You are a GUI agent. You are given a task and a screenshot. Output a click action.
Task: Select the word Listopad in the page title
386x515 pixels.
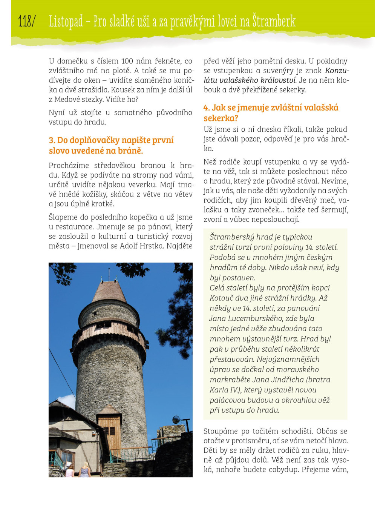coord(66,22)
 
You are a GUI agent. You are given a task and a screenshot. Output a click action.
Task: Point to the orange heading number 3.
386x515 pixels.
coord(52,140)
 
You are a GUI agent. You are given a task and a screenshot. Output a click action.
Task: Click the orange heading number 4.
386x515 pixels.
coord(206,108)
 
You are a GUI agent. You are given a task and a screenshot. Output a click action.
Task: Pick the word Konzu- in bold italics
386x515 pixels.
coord(337,71)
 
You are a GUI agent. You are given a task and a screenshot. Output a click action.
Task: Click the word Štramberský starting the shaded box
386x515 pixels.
coord(231,237)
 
